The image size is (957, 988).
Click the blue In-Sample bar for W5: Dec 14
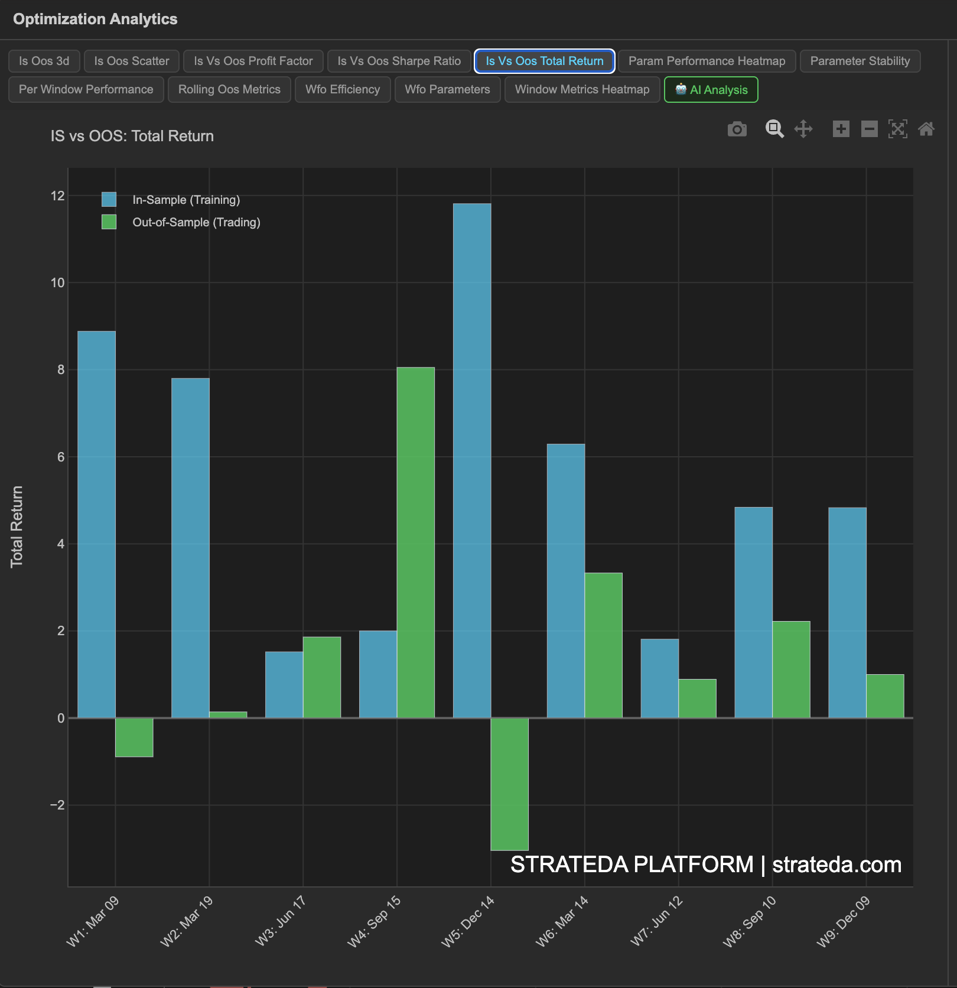tap(472, 460)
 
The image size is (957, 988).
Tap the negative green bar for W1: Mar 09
tap(134, 737)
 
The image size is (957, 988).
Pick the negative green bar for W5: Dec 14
tap(509, 784)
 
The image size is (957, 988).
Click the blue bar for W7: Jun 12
tap(659, 678)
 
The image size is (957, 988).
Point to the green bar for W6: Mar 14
tap(603, 645)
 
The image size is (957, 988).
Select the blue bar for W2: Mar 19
tap(190, 548)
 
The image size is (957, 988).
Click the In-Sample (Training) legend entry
tap(185, 200)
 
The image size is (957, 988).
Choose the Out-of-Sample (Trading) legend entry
tap(196, 222)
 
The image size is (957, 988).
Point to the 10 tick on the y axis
tap(57, 282)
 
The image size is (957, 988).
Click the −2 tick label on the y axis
tap(57, 805)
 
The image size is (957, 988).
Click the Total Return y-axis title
tap(17, 526)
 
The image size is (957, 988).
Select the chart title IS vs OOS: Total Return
tap(132, 136)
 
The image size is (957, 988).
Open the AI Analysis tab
tap(711, 90)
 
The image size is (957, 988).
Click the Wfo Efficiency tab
tap(343, 90)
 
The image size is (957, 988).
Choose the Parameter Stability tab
tap(860, 61)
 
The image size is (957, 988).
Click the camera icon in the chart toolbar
tap(737, 129)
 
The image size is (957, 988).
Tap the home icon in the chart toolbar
tap(926, 129)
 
